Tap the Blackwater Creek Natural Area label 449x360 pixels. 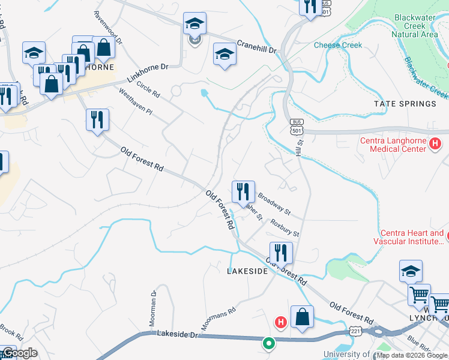tap(414, 26)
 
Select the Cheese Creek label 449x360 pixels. tap(338, 45)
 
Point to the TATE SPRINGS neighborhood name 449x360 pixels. tap(405, 104)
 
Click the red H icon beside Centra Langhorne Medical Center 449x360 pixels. tap(436, 144)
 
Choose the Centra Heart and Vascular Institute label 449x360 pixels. tap(412, 237)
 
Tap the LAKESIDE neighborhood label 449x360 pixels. tap(247, 271)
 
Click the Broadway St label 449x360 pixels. tap(274, 204)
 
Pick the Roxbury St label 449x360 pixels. tap(285, 228)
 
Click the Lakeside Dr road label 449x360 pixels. tap(177, 333)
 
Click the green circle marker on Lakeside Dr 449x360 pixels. tap(269, 344)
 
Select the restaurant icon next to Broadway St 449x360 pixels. tap(243, 191)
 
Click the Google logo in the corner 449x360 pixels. tap(20, 353)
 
